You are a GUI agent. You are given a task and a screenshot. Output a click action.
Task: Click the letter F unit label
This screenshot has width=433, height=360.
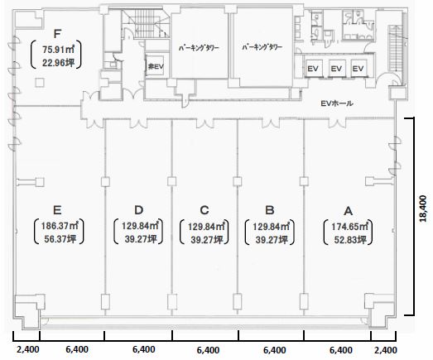pyautogui.click(x=57, y=34)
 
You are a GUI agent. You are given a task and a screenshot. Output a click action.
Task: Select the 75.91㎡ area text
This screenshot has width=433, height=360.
pyautogui.click(x=57, y=50)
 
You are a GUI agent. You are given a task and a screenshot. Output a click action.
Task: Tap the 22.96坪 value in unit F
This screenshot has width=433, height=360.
pyautogui.click(x=58, y=63)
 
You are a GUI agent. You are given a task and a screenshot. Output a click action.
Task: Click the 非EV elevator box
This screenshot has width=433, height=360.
pyautogui.click(x=156, y=66)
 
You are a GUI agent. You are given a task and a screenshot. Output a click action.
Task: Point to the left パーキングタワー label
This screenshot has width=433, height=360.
pyautogui.click(x=199, y=48)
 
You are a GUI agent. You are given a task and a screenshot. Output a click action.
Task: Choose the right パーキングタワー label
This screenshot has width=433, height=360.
pyautogui.click(x=262, y=47)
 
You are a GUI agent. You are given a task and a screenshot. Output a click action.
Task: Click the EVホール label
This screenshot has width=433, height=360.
pyautogui.click(x=337, y=103)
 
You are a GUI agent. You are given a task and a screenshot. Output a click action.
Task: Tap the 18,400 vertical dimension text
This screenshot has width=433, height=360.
pyautogui.click(x=423, y=209)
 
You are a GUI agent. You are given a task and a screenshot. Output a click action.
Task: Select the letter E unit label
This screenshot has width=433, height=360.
pyautogui.click(x=57, y=210)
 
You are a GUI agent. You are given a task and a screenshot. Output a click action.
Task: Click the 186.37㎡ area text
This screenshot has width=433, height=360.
pyautogui.click(x=60, y=226)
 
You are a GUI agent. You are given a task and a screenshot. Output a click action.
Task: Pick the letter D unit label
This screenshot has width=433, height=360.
pyautogui.click(x=138, y=210)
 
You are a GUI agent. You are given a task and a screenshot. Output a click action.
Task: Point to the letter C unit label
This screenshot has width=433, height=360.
pyautogui.click(x=204, y=210)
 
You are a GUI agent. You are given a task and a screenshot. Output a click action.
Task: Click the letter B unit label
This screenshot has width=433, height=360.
pyautogui.click(x=270, y=210)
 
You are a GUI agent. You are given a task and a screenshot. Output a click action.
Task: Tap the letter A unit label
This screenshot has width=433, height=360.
pyautogui.click(x=349, y=211)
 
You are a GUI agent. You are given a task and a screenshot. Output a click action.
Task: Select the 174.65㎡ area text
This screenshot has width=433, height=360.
pyautogui.click(x=349, y=227)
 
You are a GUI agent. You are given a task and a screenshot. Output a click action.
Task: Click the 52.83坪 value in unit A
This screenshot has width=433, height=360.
pyautogui.click(x=350, y=240)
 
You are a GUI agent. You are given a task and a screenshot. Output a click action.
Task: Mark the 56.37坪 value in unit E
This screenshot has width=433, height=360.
pyautogui.click(x=60, y=239)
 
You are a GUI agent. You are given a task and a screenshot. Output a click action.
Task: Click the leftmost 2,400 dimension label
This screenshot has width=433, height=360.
pyautogui.click(x=28, y=349)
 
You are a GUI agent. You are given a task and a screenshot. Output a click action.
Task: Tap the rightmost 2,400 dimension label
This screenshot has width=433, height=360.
pyautogui.click(x=386, y=350)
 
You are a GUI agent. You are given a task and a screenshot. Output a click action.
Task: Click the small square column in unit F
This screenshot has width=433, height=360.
pyautogui.click(x=40, y=83)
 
